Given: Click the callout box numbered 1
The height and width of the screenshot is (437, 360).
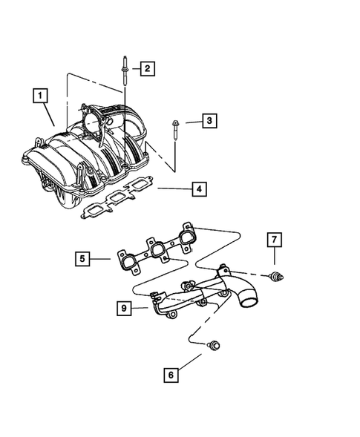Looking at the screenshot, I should [x=40, y=95].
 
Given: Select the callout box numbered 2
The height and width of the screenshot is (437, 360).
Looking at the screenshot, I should [x=147, y=69].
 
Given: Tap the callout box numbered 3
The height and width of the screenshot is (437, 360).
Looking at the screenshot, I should [x=210, y=120].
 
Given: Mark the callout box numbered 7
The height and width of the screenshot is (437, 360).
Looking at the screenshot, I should [x=275, y=239].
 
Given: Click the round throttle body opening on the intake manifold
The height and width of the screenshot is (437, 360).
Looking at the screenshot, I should [x=94, y=119].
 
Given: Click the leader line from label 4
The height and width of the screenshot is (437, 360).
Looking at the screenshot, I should [x=171, y=189].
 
